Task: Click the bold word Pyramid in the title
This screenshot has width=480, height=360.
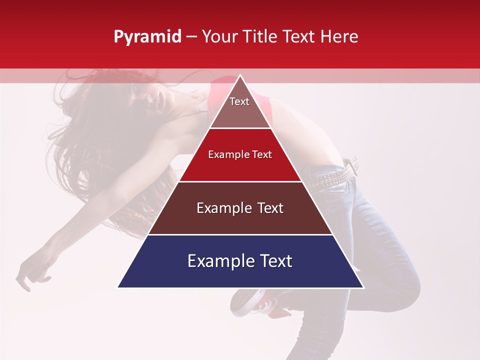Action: pyautogui.click(x=147, y=37)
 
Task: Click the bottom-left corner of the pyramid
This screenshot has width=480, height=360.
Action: pyautogui.click(x=118, y=287)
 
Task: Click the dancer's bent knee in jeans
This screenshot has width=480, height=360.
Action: pyautogui.click(x=400, y=290)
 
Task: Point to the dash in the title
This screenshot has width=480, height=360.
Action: pyautogui.click(x=191, y=37)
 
